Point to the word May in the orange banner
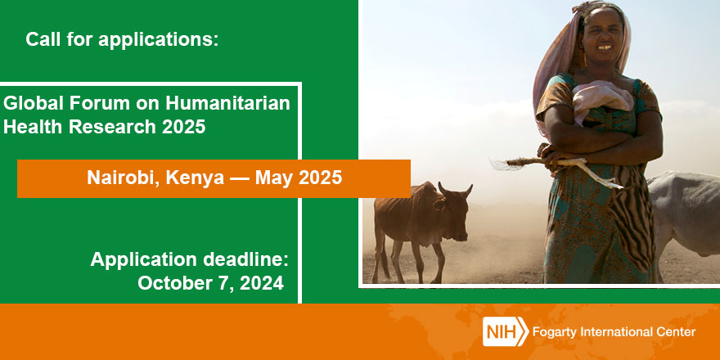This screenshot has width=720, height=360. pos(274,178)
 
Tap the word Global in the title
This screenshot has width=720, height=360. pos(31,104)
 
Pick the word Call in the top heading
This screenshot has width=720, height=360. pos(42,39)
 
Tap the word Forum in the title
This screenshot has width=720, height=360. pos(85,104)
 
